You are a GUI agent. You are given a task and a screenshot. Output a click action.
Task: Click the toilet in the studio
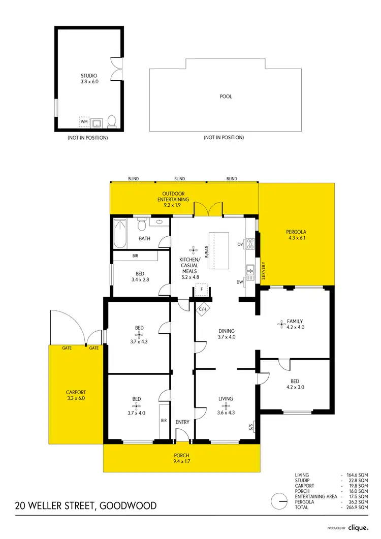[x=112, y=121]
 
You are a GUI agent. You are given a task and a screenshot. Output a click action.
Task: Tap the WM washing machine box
[x=84, y=122]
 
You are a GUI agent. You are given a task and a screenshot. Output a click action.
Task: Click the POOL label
[x=226, y=96]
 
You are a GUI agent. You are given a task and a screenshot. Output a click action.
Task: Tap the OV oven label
[x=240, y=244]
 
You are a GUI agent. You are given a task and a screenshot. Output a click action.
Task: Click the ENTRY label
[x=182, y=422]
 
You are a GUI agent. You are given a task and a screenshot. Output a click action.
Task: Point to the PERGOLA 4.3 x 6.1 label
[x=297, y=235]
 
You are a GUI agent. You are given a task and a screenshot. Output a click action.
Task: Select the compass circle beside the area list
[x=279, y=501]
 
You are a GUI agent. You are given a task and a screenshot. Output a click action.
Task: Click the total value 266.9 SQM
[x=358, y=508]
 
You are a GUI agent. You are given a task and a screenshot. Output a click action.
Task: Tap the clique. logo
[x=358, y=528]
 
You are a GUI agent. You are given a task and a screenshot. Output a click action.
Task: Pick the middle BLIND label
[x=179, y=179]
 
